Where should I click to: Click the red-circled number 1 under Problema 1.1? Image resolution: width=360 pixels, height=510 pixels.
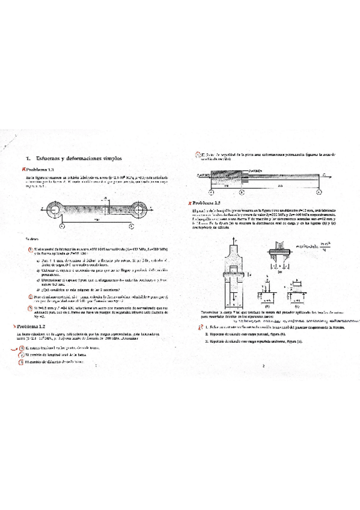29,249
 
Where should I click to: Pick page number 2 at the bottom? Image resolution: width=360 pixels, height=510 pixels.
263,348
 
